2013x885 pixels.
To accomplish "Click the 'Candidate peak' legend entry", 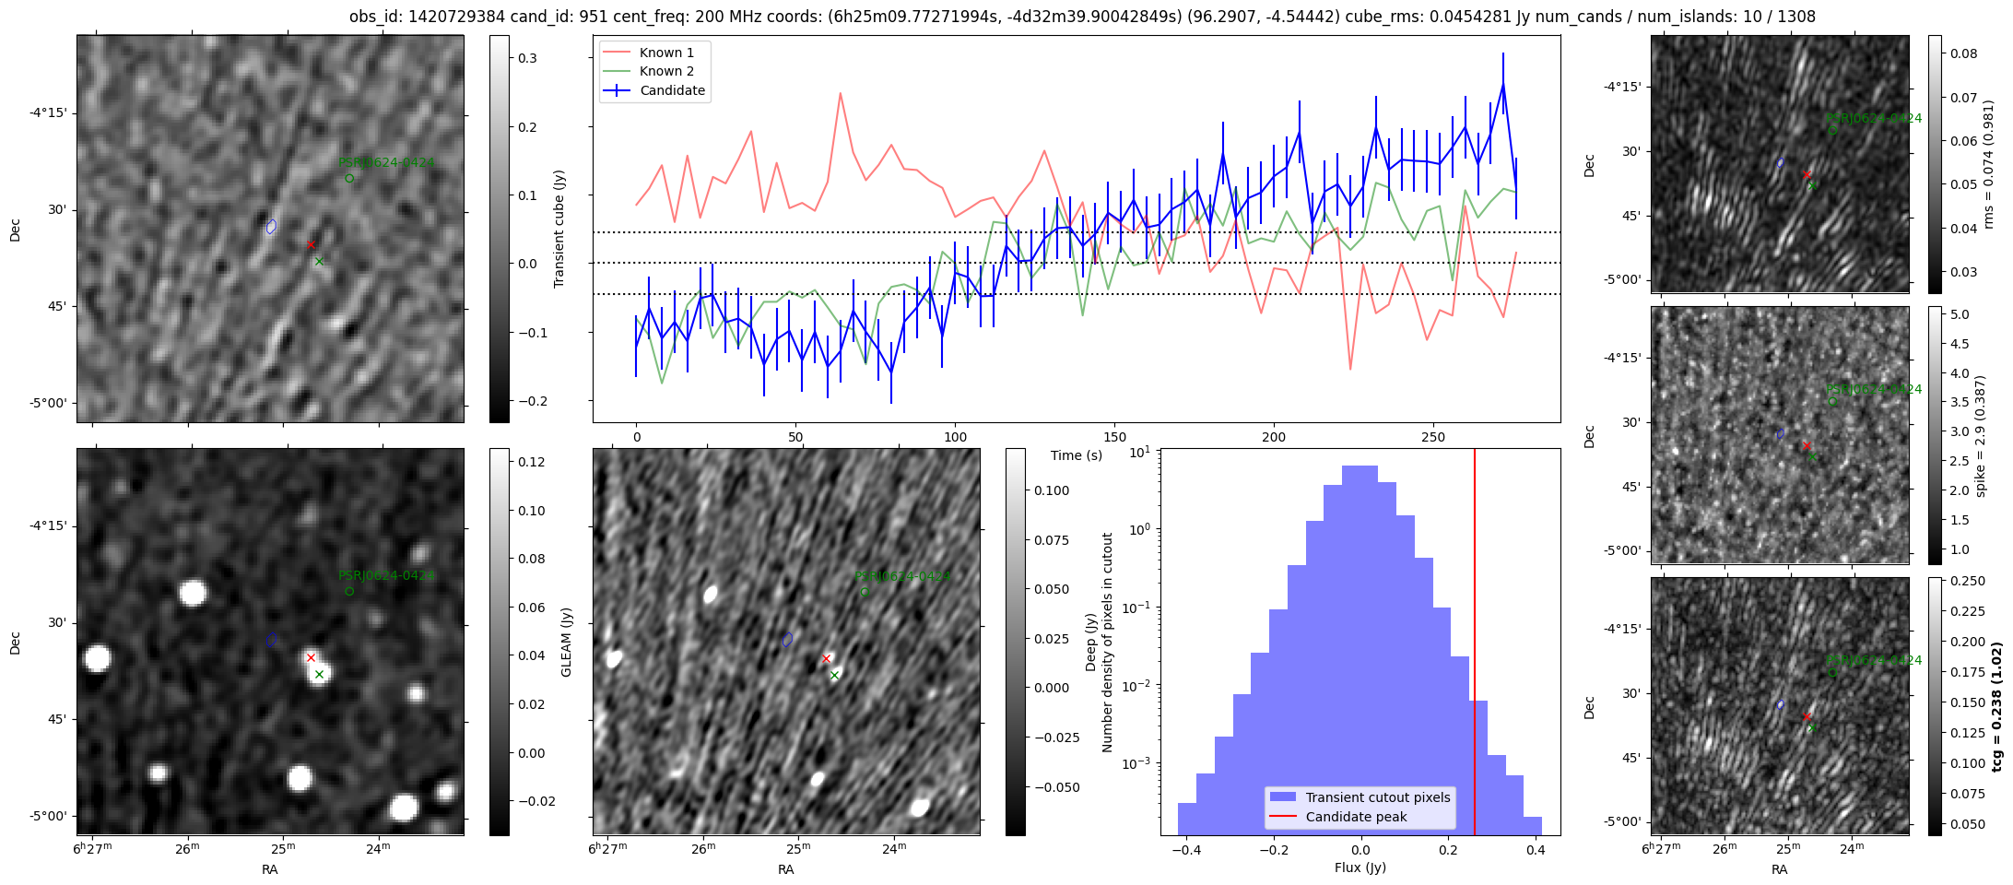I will (1356, 817).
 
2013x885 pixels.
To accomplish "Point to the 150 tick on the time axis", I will (1114, 437).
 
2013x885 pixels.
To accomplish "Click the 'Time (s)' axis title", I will (1076, 455).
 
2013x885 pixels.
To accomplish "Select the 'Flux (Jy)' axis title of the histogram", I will (1360, 867).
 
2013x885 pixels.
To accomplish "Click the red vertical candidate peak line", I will (1475, 645).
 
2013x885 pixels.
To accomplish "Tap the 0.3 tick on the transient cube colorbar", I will (527, 58).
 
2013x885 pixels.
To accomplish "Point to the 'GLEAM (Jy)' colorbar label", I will (566, 642).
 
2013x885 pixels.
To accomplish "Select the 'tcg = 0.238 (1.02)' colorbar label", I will (1996, 707).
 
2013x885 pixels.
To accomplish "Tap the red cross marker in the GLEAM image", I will (311, 657).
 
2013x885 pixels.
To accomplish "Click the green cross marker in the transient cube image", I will (319, 262).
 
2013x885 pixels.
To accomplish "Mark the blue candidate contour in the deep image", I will (787, 639).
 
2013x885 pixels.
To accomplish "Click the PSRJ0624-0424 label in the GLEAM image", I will (386, 576).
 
